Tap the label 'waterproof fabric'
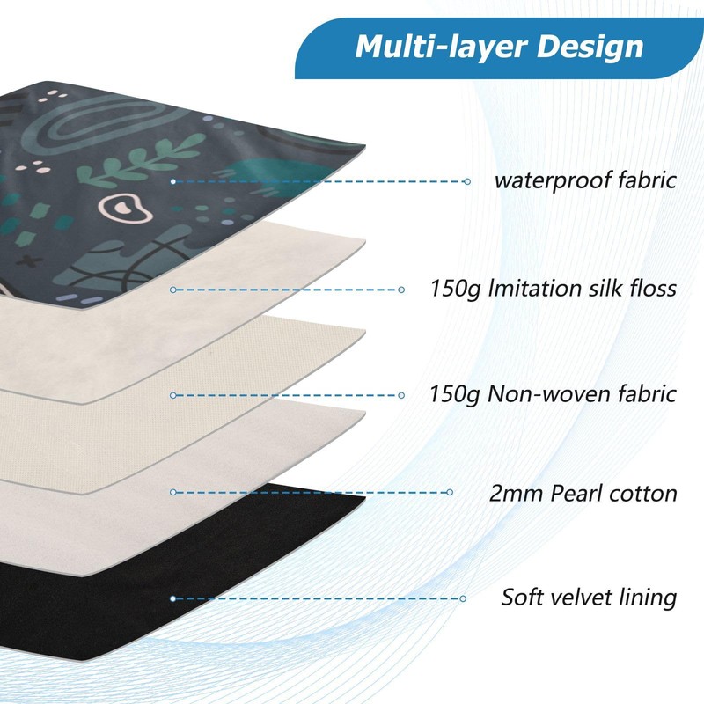pyautogui.click(x=584, y=181)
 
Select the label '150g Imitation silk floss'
pyautogui.click(x=554, y=288)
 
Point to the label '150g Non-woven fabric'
pyautogui.click(x=554, y=393)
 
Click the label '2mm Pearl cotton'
pyautogui.click(x=583, y=493)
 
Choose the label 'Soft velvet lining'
pyautogui.click(x=589, y=598)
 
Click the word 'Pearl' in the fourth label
pyautogui.click(x=582, y=493)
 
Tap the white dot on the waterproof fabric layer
pyautogui.click(x=173, y=181)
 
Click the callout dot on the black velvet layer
pyautogui.click(x=173, y=598)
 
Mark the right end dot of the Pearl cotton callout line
pyautogui.click(x=451, y=493)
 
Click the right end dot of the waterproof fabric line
pyautogui.click(x=467, y=181)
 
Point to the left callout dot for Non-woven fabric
pyautogui.click(x=173, y=394)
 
